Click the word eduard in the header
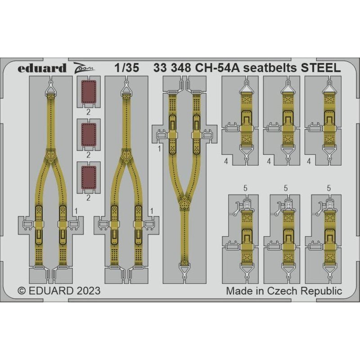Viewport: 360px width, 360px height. (x=42, y=68)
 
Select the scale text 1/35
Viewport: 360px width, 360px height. (x=127, y=68)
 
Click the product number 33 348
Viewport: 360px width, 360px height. (x=172, y=68)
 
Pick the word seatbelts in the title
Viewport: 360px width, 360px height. (x=270, y=68)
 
